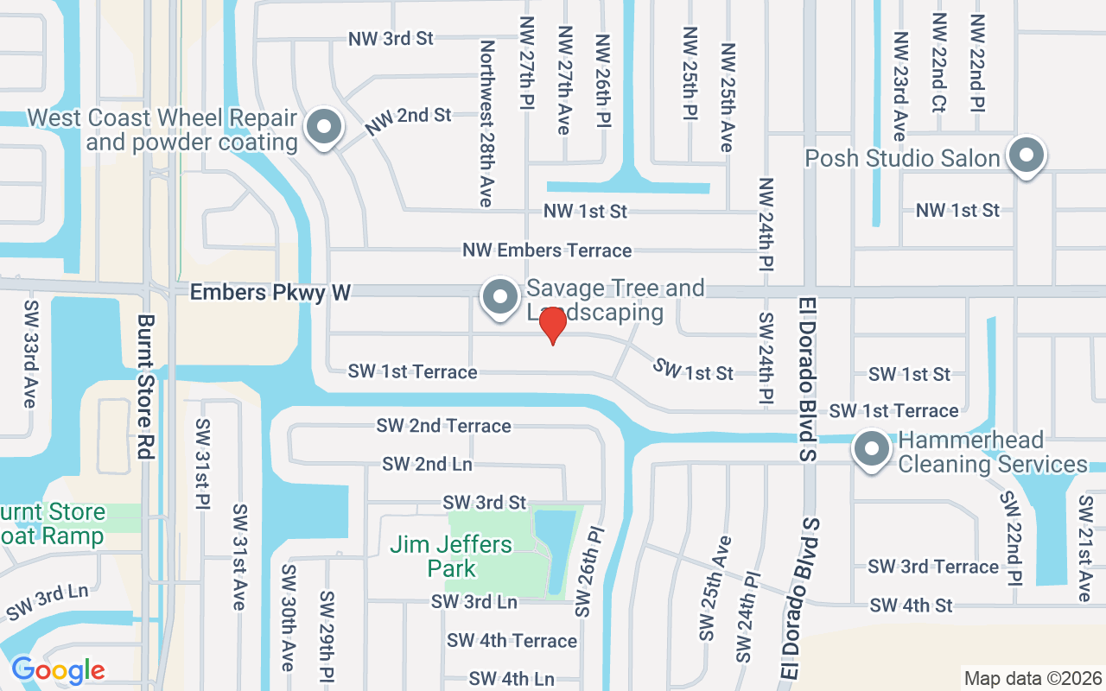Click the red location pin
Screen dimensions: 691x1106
(x=552, y=325)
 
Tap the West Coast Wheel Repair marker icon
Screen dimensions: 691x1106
(x=324, y=127)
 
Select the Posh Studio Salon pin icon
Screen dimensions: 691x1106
(x=1027, y=156)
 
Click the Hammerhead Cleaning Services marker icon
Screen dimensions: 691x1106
(x=872, y=449)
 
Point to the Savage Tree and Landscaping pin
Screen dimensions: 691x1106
(x=500, y=297)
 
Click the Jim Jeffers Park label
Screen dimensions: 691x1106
(x=451, y=556)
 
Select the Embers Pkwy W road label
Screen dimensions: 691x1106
(x=270, y=293)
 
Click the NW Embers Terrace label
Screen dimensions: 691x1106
(x=547, y=250)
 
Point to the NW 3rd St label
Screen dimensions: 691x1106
(x=391, y=39)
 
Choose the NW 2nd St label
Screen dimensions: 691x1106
(x=408, y=121)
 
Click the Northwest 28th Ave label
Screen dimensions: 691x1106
(x=486, y=124)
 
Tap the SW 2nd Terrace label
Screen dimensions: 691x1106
(x=443, y=426)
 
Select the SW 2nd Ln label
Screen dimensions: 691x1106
(x=427, y=464)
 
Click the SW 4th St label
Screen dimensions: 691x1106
(x=911, y=605)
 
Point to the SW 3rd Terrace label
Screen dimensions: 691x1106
(x=933, y=567)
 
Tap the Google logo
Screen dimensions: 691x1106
(x=58, y=670)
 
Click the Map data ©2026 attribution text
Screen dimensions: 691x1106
(x=1033, y=678)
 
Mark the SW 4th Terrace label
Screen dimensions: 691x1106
(x=512, y=641)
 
